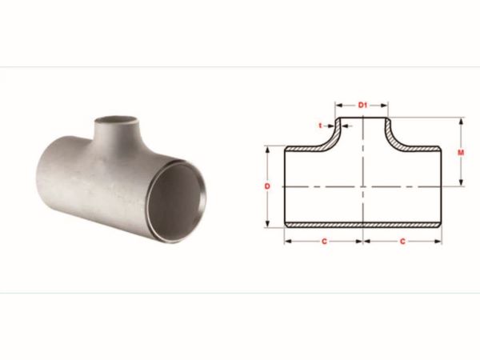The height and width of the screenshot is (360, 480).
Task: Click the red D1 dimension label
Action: pyautogui.click(x=362, y=106)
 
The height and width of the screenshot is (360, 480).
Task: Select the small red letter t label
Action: pyautogui.click(x=321, y=126)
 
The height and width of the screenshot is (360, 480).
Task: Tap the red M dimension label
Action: pyautogui.click(x=461, y=152)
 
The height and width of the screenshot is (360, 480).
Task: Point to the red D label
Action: pyautogui.click(x=267, y=186)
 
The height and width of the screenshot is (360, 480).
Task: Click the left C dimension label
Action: pyautogui.click(x=324, y=242)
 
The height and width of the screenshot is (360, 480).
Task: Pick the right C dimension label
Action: pyautogui.click(x=402, y=242)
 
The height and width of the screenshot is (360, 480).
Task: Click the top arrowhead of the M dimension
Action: pyautogui.click(x=461, y=121)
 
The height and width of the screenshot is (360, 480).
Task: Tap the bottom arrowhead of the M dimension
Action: pyautogui.click(x=461, y=182)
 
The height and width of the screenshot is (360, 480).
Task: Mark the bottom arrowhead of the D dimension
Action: pyautogui.click(x=268, y=224)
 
